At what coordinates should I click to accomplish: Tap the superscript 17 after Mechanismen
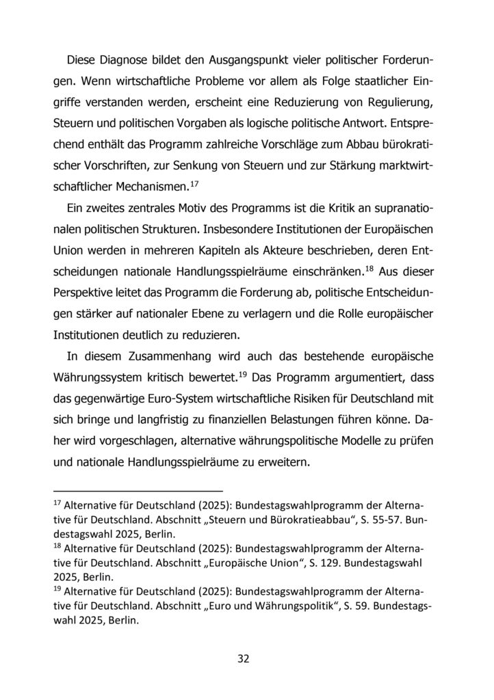[194, 182]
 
